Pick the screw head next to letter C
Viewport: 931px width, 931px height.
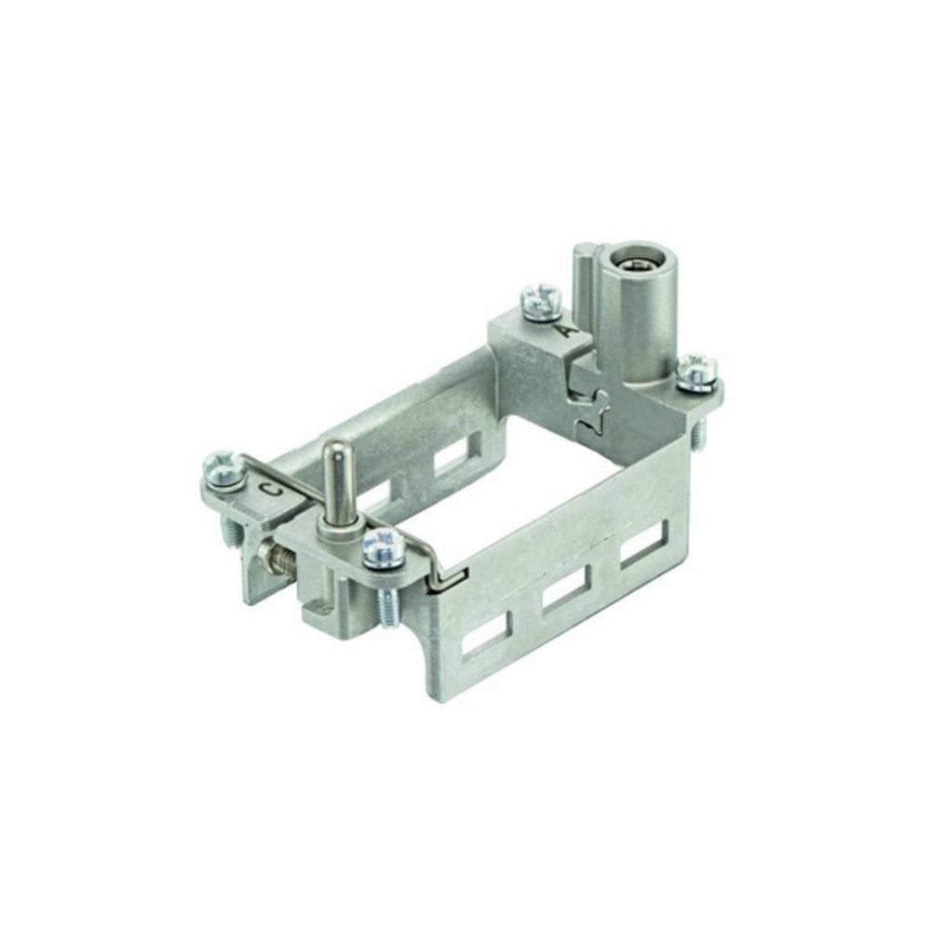223,469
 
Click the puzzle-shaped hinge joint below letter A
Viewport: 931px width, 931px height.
592,410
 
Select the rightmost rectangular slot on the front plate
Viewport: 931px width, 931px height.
644,545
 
